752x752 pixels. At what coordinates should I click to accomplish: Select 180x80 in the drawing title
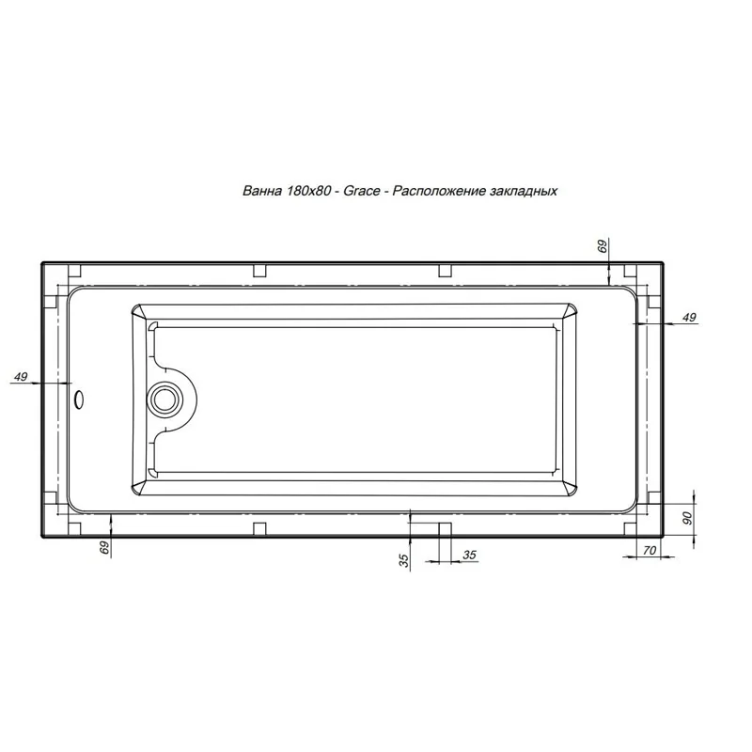(x=310, y=190)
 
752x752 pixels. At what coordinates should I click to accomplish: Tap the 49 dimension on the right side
(x=688, y=318)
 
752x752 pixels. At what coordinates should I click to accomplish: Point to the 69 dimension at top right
(x=603, y=246)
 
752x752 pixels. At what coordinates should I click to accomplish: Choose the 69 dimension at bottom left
(x=104, y=547)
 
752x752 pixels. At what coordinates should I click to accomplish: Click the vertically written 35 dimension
(x=403, y=560)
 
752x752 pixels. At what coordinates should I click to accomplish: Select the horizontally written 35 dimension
(x=469, y=555)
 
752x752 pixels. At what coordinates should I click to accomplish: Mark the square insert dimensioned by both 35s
(x=445, y=529)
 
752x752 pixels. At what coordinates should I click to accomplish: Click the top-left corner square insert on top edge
(x=66, y=271)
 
